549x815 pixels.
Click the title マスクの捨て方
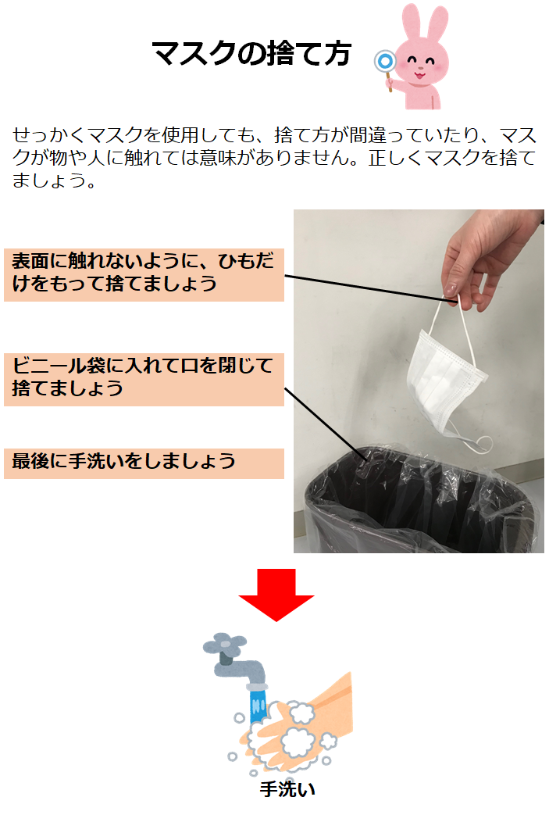[251, 54]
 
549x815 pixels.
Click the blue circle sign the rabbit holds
[385, 62]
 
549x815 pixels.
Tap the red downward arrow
[276, 595]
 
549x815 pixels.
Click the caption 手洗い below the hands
[287, 789]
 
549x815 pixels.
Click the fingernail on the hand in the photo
[451, 289]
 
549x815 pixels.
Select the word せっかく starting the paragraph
[50, 135]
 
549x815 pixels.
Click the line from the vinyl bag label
[327, 423]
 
